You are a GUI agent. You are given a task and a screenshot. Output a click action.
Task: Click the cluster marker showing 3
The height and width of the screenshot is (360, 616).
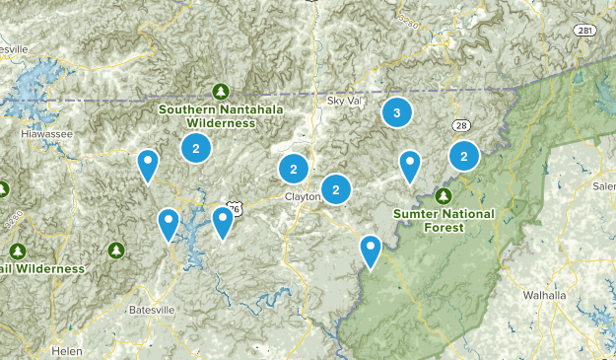click(396, 113)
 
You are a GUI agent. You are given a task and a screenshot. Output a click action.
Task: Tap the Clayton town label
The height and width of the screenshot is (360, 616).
click(303, 196)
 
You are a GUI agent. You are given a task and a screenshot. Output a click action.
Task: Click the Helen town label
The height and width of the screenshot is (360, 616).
click(68, 351)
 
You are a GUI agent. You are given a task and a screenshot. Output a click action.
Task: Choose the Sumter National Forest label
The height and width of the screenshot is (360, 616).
click(443, 219)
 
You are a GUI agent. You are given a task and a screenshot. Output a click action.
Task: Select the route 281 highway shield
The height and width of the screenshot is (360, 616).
click(585, 31)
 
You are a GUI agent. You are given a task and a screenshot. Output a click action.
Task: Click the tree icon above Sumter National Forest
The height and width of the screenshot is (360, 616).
click(444, 195)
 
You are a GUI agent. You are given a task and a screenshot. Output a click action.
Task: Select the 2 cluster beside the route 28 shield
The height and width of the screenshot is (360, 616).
click(463, 155)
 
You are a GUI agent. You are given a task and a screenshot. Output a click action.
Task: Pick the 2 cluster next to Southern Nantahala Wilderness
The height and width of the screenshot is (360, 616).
click(196, 149)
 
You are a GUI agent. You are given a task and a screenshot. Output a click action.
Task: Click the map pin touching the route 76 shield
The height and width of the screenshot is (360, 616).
click(224, 222)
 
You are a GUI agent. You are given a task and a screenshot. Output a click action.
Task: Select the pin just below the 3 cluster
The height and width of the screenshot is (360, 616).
click(410, 166)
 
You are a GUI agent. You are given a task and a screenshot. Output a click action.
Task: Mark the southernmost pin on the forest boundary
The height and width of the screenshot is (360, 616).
click(371, 251)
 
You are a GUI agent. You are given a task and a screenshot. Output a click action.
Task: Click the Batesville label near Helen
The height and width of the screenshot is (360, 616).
click(151, 310)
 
